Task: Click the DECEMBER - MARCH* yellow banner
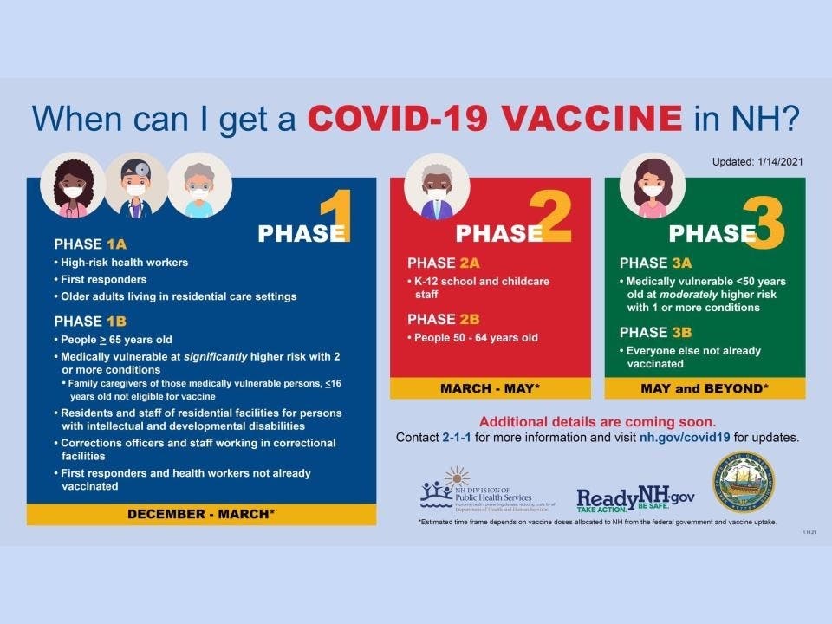201,514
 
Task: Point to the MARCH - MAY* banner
490,388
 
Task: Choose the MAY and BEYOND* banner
704,388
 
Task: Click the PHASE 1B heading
90,321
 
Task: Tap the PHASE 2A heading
444,263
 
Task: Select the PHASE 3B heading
655,332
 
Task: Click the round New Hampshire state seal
743,482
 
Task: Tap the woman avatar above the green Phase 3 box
653,186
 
